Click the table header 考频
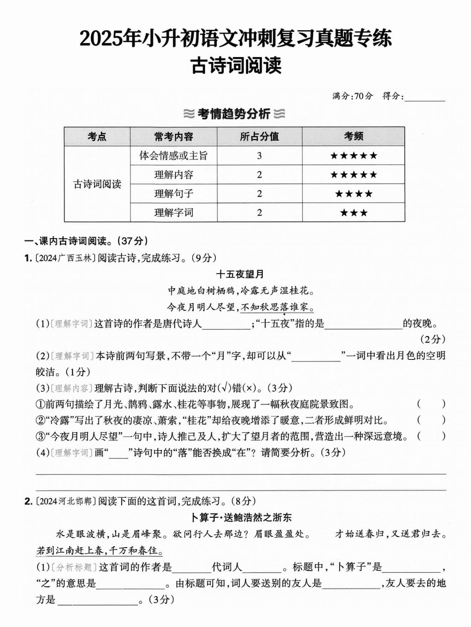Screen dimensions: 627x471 point(353,136)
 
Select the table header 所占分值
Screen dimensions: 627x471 point(259,136)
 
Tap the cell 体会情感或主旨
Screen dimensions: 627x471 point(174,156)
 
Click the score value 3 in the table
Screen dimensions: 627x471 point(259,156)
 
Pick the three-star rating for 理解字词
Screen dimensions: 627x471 point(353,213)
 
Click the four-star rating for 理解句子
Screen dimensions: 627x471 point(353,194)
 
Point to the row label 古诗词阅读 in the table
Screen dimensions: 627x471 point(97,184)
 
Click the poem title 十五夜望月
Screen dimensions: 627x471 point(240,274)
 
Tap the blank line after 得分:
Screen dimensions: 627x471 point(425,97)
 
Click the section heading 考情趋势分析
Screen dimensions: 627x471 point(234,114)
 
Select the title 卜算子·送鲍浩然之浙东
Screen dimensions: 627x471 point(241,517)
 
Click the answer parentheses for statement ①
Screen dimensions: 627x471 point(431,404)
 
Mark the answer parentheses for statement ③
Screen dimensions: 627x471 point(431,436)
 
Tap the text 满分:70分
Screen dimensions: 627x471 point(352,96)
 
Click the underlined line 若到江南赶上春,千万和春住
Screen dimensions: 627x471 point(99,550)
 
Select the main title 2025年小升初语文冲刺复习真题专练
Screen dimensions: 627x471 point(235,38)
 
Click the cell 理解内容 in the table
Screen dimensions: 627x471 point(174,175)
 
